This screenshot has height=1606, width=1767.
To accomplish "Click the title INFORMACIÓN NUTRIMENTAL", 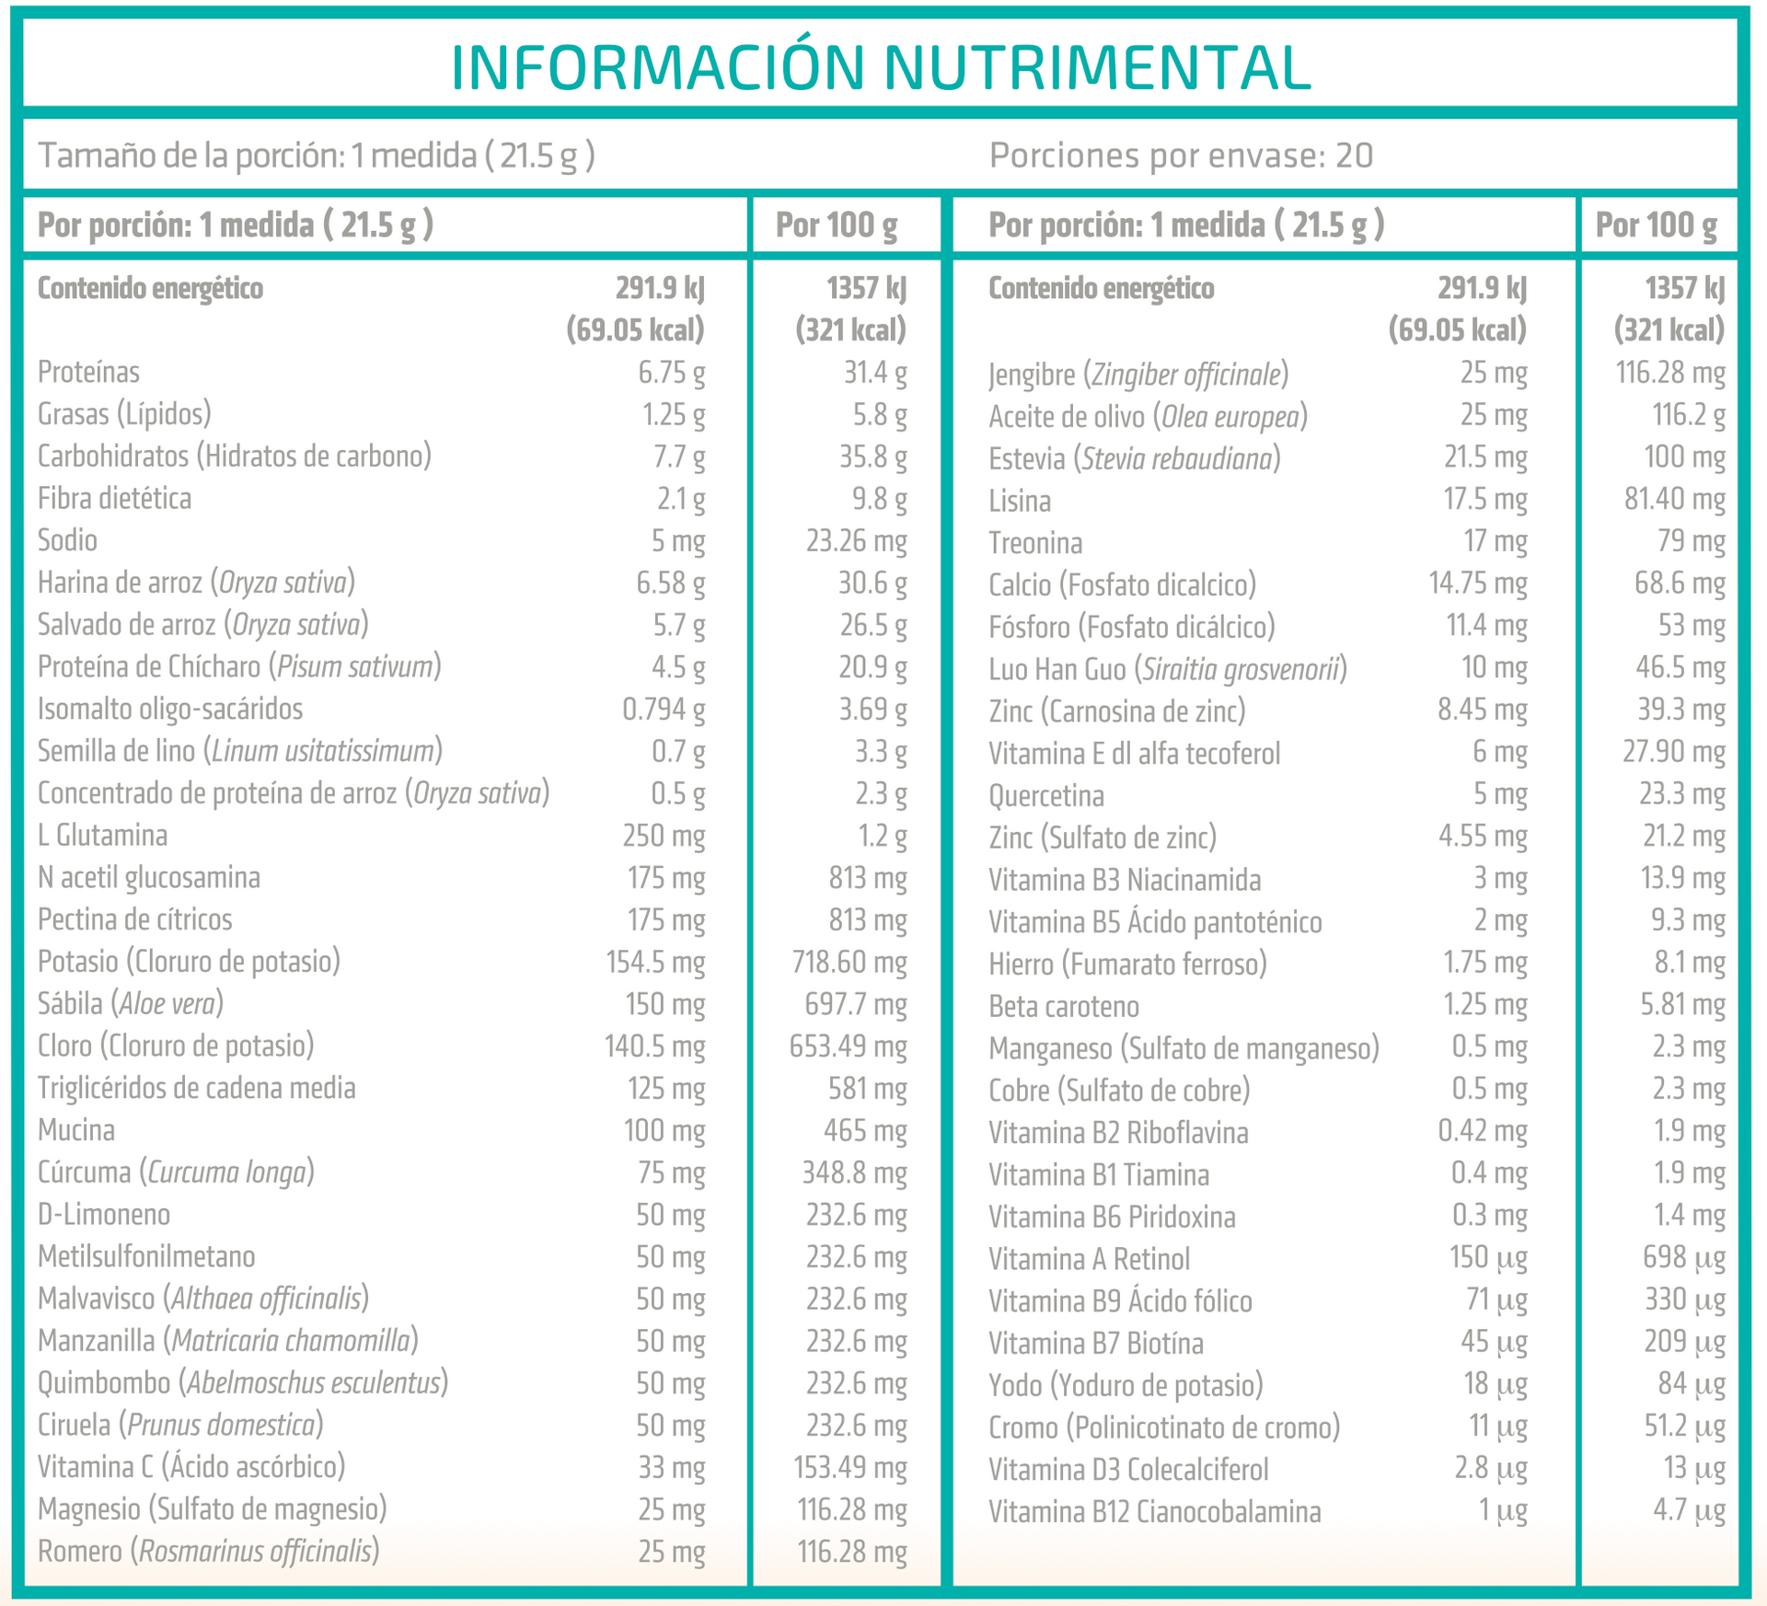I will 881,66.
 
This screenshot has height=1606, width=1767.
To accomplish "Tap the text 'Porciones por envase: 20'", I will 1181,156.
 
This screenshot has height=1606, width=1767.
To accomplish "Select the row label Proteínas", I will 88,372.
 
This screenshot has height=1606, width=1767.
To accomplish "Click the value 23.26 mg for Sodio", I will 856,540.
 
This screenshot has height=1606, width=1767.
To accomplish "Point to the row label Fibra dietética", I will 114,498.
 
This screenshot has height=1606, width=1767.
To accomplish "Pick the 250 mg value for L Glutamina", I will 664,836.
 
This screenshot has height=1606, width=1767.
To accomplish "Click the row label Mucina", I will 76,1130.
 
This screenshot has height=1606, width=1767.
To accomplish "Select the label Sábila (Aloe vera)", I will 131,1003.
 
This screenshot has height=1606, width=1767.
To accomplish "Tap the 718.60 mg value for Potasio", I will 849,962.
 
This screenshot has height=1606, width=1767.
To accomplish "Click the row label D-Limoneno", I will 104,1215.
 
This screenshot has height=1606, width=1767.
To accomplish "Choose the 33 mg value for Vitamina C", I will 671,1467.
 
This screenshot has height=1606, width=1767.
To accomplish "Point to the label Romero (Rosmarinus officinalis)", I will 209,1552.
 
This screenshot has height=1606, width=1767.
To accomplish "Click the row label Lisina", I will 1020,501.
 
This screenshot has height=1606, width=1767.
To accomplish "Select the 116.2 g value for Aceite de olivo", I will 1688,415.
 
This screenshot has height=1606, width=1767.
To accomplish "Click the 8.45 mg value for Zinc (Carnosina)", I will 1482,710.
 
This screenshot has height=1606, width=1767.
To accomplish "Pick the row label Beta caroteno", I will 1064,1007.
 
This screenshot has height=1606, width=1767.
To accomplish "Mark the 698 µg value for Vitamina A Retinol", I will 1683,1257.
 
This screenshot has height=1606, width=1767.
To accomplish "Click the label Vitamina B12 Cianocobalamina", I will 1154,1512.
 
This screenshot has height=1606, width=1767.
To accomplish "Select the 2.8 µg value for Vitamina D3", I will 1490,1468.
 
